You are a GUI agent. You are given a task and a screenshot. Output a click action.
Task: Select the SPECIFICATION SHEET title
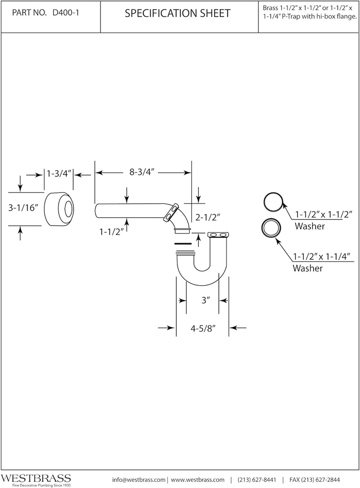pos(177,13)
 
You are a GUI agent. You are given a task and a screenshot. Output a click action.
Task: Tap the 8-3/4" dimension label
pos(144,173)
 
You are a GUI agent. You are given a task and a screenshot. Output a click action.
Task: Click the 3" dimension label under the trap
pos(206,300)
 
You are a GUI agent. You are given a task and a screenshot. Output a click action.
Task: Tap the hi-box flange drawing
pos(60,209)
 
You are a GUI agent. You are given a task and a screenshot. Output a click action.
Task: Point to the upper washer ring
pos(274,202)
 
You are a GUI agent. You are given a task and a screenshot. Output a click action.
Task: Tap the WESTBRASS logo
pos(36,478)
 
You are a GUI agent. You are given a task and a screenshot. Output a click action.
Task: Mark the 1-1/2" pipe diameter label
pos(112,232)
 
